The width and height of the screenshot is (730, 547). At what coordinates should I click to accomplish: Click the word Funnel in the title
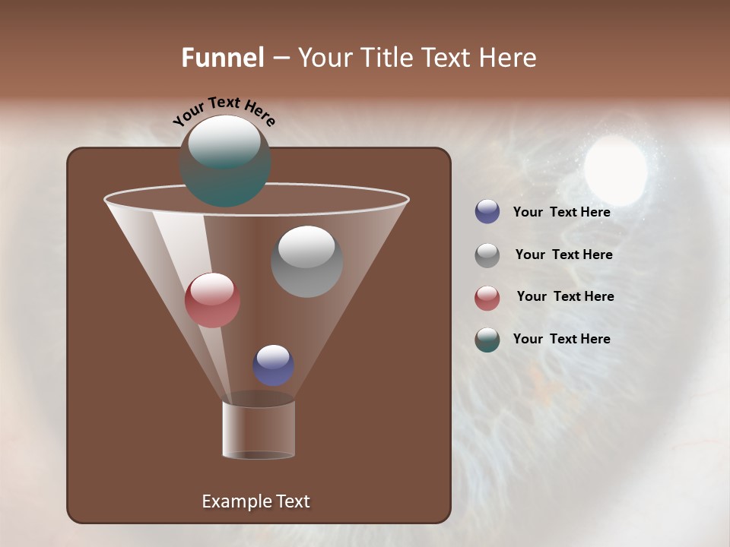pos(223,58)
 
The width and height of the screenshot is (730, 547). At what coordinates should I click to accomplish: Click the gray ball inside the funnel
pos(306,261)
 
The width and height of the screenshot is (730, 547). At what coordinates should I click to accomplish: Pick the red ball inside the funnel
pos(213,300)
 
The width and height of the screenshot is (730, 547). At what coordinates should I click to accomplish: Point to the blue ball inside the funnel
pos(274,365)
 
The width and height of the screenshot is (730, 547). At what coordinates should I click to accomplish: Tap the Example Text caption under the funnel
pos(255,501)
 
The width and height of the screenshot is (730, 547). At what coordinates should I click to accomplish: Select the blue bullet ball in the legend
pos(487,212)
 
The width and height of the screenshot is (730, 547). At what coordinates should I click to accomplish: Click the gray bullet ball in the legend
pos(487,255)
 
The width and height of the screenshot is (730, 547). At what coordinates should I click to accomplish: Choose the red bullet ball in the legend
pos(487,298)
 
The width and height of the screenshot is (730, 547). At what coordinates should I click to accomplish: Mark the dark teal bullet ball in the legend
pos(487,340)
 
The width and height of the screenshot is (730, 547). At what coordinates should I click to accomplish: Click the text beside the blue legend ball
pos(561,213)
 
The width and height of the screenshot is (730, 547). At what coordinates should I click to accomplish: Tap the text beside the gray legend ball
pos(563,255)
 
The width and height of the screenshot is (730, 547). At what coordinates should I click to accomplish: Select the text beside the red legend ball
pos(565,297)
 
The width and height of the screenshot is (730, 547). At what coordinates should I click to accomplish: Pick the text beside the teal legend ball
pos(561,340)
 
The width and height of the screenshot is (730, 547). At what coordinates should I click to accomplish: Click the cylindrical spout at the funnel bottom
pos(259,429)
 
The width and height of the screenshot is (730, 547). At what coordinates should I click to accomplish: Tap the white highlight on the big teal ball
pos(224,141)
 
